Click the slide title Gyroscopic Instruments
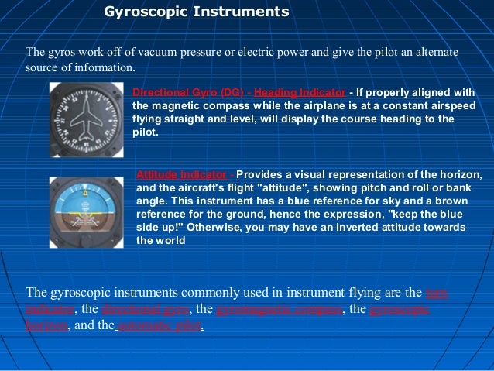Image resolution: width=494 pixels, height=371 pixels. click(196, 12)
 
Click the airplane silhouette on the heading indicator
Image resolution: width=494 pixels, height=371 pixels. click(86, 121)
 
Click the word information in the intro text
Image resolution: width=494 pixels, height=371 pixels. click(108, 68)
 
